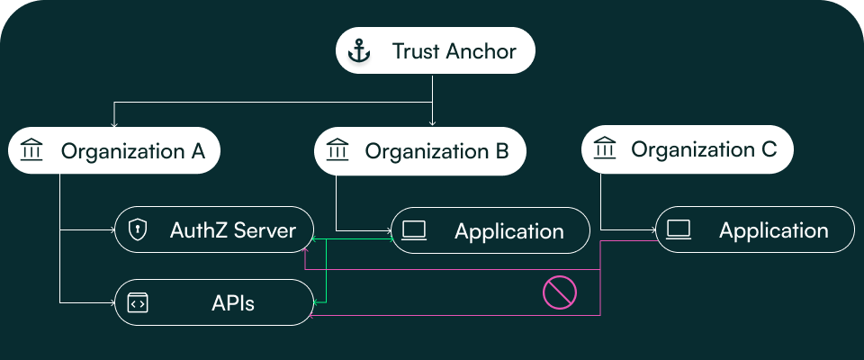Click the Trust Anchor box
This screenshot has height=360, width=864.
(436, 51)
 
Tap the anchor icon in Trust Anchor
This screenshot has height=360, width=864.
(359, 51)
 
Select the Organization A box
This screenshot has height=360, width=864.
(115, 151)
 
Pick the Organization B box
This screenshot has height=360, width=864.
(420, 151)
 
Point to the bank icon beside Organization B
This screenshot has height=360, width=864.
(337, 151)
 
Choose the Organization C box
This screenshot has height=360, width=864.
(688, 149)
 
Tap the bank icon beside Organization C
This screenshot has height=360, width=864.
(605, 149)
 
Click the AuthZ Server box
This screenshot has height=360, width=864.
(214, 230)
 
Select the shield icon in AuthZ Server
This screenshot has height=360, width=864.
(138, 230)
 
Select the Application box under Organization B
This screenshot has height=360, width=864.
(490, 231)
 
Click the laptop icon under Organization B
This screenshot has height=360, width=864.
(414, 231)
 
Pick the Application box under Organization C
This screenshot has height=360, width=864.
(754, 230)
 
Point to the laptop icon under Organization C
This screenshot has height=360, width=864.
(679, 230)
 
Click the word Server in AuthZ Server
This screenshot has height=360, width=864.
(265, 230)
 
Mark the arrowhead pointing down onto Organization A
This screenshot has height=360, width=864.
(113, 123)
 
